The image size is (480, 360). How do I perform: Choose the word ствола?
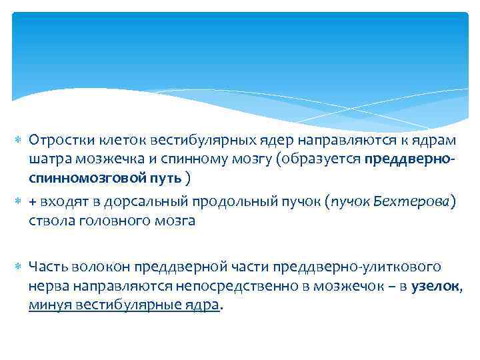(x=49, y=221)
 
